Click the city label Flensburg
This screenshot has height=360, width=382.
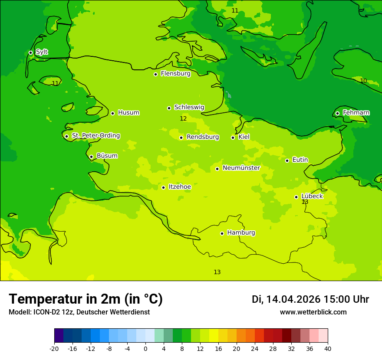point(175,74)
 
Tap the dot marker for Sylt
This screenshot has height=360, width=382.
point(30,52)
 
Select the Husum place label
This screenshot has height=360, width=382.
point(128,113)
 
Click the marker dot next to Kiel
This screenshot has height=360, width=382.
point(233,137)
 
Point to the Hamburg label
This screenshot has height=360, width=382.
point(241,233)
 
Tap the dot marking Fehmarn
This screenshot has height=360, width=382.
point(337,113)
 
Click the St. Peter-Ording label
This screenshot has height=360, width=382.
point(95,136)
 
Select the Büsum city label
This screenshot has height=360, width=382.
point(107,156)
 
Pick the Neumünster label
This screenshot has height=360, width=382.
point(241,168)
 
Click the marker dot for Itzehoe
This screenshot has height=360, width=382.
point(163,187)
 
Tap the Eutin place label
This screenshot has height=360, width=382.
point(300,160)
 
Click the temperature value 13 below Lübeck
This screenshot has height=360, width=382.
point(305,202)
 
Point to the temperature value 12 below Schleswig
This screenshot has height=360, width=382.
point(183,119)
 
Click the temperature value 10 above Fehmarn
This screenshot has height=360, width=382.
point(363,81)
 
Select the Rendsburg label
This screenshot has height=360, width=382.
point(203,137)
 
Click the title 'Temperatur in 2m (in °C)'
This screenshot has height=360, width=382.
point(86,299)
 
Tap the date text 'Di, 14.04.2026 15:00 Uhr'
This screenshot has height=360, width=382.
point(310,299)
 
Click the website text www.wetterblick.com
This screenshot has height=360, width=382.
point(313,312)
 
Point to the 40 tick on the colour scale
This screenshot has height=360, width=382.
point(328,348)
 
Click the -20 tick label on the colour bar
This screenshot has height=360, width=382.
point(54,348)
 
